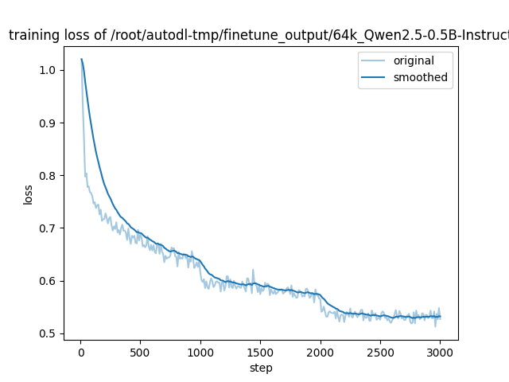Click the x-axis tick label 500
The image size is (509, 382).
(140, 353)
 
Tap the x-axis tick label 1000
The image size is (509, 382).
(200, 353)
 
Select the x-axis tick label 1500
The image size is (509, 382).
(260, 353)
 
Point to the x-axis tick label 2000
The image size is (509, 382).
(321, 353)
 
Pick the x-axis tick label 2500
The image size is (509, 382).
(380, 353)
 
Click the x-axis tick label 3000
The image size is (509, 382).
(441, 353)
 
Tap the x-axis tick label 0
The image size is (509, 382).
(80, 353)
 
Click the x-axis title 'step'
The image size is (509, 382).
(261, 368)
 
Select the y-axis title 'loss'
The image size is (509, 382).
(29, 195)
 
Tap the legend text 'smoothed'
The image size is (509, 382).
(420, 77)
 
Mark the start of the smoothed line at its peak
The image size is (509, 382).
(81, 59)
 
